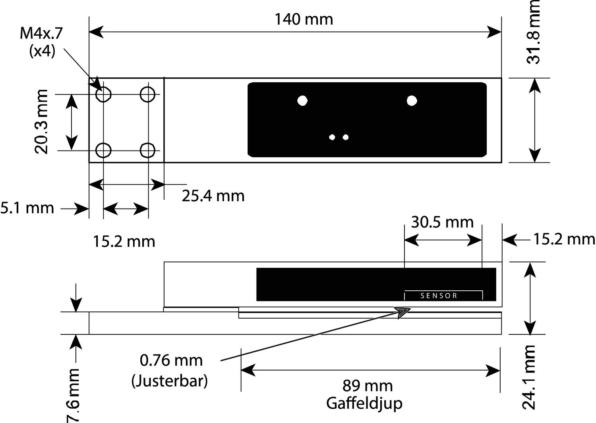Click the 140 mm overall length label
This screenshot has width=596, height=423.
[304, 19]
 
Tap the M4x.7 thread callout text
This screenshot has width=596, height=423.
[41, 34]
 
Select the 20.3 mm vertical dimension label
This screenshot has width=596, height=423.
[41, 122]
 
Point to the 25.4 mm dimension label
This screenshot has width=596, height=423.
[213, 196]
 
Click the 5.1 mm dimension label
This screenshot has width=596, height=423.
[27, 208]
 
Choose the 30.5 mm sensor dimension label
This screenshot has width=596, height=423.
[442, 222]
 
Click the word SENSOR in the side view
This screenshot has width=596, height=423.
[439, 296]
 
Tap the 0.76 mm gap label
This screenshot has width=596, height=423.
[171, 360]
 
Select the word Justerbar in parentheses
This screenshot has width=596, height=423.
[170, 381]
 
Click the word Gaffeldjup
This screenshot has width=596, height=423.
[364, 403]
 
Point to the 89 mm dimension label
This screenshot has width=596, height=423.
[368, 386]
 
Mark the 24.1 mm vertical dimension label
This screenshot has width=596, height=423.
[529, 377]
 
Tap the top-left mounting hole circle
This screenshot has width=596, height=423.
[104, 95]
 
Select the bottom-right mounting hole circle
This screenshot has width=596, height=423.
[148, 151]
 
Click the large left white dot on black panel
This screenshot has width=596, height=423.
[302, 100]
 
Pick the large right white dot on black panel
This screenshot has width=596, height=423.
[412, 100]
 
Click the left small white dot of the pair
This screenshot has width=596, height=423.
[333, 137]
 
